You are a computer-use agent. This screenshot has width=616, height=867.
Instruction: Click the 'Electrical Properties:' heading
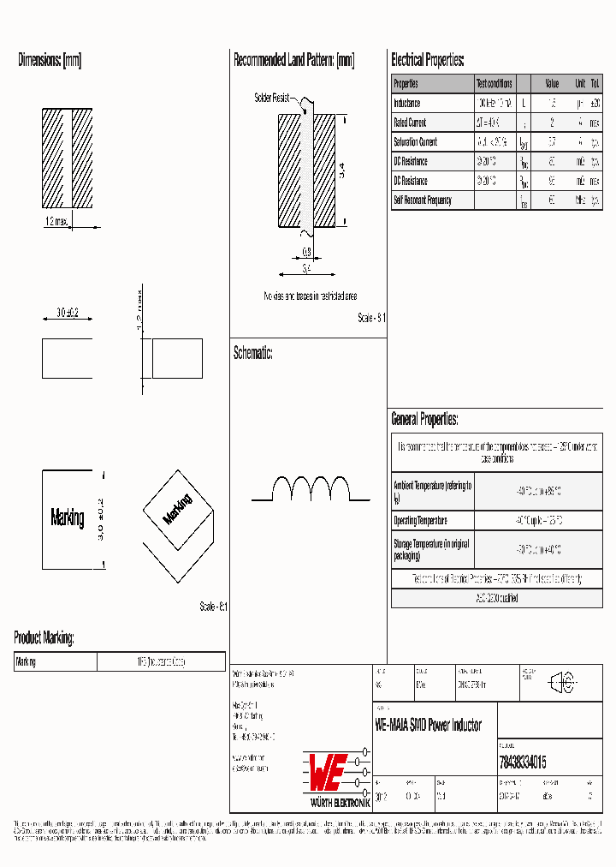[x=428, y=61]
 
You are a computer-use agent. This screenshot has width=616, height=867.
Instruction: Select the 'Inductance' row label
[x=407, y=104]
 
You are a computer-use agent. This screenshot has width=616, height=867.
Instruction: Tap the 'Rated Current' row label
[x=410, y=123]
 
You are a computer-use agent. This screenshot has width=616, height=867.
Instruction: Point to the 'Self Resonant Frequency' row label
[x=422, y=200]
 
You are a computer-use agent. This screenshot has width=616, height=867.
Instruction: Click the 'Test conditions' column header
[x=494, y=84]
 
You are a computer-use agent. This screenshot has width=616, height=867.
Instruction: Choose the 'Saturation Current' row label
[x=415, y=142]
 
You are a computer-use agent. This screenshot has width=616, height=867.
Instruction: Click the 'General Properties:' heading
[x=424, y=420]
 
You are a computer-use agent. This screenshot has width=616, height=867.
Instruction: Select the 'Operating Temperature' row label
[x=420, y=521]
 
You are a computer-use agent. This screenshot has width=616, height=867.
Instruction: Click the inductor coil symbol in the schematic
[x=311, y=488]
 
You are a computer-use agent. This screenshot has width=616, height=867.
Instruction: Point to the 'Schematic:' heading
[x=253, y=353]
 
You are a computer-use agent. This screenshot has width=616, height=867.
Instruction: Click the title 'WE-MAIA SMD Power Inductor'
[x=428, y=726]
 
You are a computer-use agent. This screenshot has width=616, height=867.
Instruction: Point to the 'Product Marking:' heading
[x=44, y=638]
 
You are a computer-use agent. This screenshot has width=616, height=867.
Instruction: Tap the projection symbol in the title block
[x=562, y=683]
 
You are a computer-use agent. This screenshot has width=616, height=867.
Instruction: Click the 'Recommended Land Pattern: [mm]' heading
[x=293, y=61]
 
